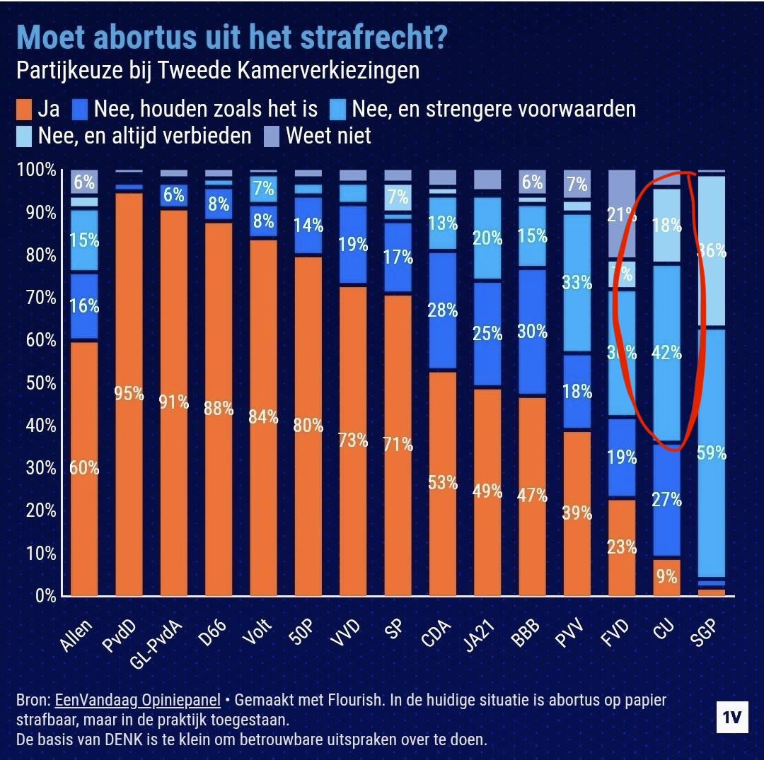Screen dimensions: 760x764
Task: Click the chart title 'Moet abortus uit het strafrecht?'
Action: tap(231, 37)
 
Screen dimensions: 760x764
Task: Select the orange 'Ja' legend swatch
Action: tap(24, 110)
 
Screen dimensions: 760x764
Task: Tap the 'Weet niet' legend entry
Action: tap(328, 135)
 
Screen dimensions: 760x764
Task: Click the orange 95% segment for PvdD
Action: tap(129, 394)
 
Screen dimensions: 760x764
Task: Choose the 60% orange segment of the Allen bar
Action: tap(84, 468)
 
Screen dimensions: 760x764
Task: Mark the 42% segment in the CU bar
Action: tap(666, 352)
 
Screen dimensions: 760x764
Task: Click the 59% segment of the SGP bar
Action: tap(711, 452)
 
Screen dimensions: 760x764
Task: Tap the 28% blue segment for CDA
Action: tap(443, 310)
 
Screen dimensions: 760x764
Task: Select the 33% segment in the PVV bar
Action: tap(577, 283)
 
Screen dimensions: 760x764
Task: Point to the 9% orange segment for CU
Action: tap(666, 577)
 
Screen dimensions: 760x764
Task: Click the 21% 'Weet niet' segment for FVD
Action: tap(621, 215)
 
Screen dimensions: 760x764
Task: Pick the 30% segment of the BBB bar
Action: tap(532, 331)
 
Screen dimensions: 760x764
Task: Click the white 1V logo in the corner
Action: tap(731, 718)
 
